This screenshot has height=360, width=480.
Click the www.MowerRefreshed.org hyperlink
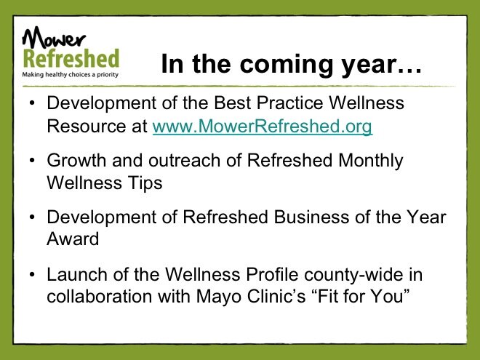(263, 127)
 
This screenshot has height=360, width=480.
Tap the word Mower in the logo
(54, 37)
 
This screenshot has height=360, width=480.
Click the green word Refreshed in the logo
(71, 58)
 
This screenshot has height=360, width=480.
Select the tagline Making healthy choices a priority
(70, 74)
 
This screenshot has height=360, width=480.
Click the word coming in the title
(286, 65)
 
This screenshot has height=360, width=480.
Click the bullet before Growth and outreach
(32, 160)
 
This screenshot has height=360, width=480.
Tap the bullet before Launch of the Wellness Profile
(32, 274)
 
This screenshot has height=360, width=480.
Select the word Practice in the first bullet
(289, 103)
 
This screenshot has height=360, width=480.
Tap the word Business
(311, 217)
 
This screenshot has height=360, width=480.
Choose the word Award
(73, 239)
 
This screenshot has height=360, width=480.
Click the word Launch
(76, 274)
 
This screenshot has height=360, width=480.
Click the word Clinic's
(276, 296)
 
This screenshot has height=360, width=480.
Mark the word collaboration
(99, 296)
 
